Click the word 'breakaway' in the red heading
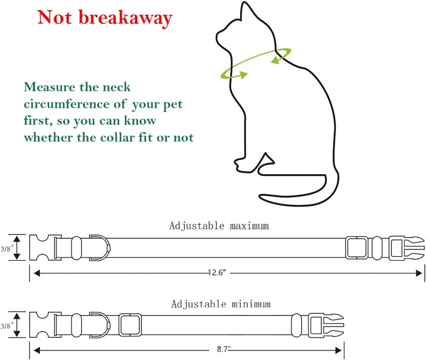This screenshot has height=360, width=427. [x=125, y=18]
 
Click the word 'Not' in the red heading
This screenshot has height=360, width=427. [x=55, y=17]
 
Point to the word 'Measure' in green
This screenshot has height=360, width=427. [x=50, y=87]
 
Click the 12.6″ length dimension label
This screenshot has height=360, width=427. [x=217, y=272]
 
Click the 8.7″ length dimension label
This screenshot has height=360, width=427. [x=224, y=349]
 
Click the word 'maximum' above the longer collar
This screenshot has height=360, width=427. [x=249, y=226]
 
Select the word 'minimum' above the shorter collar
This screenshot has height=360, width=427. [x=251, y=304]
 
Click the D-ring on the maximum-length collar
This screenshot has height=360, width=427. [x=109, y=248]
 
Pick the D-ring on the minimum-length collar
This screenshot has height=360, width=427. [x=109, y=325]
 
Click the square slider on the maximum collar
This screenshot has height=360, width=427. [x=357, y=248]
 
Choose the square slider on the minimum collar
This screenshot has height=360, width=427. [x=130, y=325]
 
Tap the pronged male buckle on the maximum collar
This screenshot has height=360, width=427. [x=406, y=248]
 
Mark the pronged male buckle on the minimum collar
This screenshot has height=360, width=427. [x=326, y=325]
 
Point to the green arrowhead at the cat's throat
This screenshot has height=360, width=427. [x=242, y=75]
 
